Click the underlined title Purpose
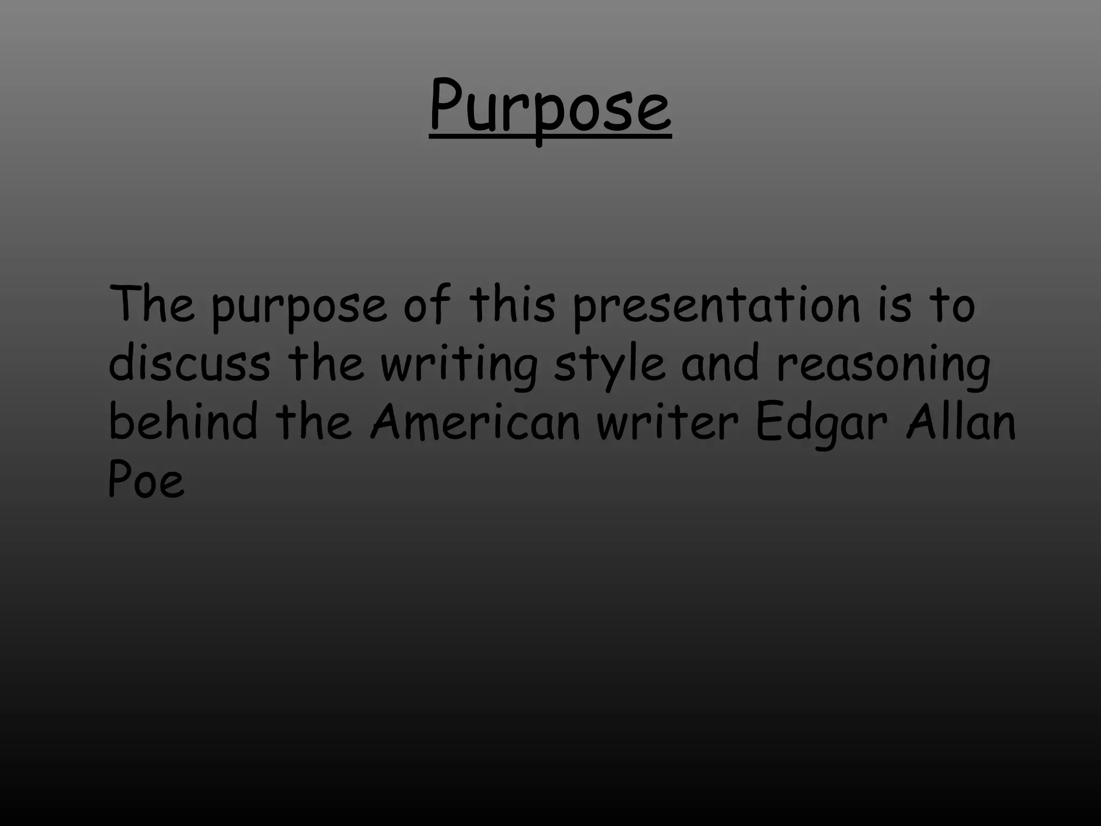pos(550,108)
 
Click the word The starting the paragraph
pos(151,304)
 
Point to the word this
pos(511,304)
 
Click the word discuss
pos(189,364)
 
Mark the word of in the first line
pos(427,304)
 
